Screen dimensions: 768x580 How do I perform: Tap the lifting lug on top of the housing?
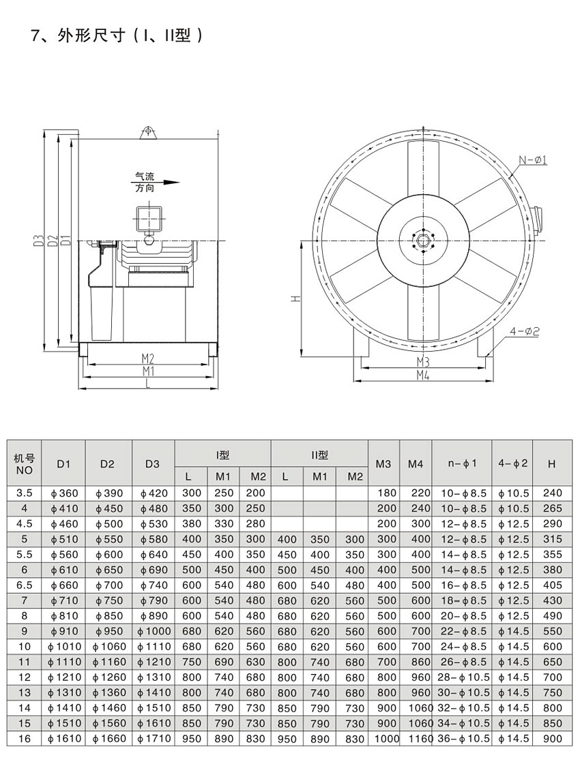[x=147, y=132]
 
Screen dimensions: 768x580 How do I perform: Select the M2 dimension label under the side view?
[x=148, y=358]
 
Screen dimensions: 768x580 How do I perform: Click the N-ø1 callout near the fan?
[x=535, y=160]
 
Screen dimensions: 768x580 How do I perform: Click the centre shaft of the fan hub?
[x=423, y=239]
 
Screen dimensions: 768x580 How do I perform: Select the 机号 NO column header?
[x=25, y=464]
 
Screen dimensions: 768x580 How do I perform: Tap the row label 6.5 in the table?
[x=25, y=585]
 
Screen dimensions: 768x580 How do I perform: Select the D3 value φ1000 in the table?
[x=153, y=631]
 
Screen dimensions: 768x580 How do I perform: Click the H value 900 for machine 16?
[x=552, y=739]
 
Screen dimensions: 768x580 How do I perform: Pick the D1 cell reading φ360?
[x=63, y=493]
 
